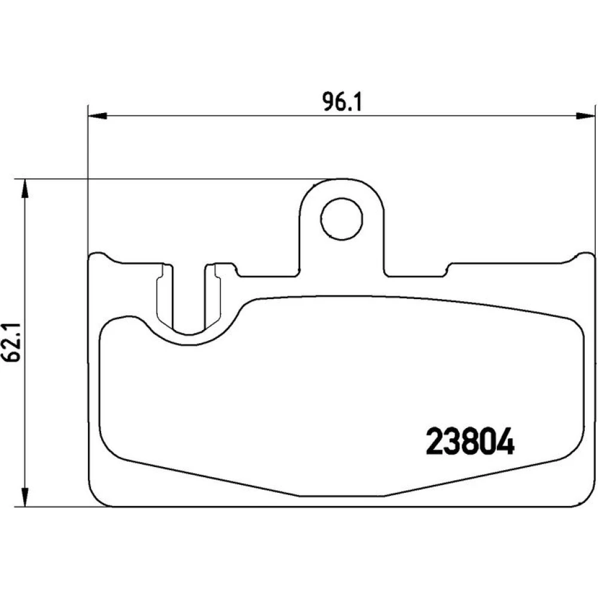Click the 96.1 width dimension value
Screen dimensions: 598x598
(x=341, y=102)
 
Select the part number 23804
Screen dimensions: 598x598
(x=470, y=442)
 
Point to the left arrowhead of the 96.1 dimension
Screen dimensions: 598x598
(x=97, y=116)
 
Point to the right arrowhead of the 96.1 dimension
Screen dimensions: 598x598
(x=585, y=116)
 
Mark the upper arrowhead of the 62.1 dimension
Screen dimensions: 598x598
(x=25, y=188)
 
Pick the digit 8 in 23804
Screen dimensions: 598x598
(x=470, y=442)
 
